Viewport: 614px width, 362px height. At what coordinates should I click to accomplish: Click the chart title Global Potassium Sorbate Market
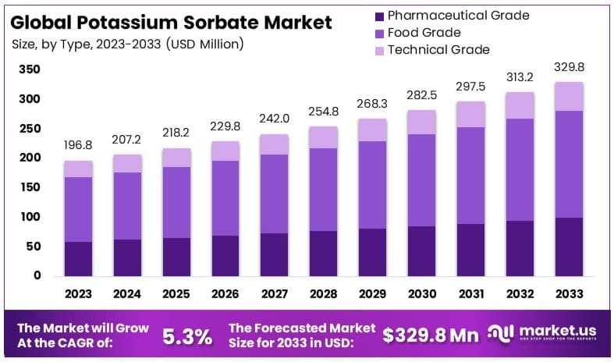coord(172,22)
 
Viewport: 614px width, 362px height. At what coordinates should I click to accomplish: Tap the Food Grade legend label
coord(424,33)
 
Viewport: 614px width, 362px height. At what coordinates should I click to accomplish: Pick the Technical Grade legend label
coord(438,50)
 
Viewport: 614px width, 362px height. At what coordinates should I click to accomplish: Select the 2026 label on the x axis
coord(225,294)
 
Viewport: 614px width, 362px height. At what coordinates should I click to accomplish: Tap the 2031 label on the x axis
coord(471,294)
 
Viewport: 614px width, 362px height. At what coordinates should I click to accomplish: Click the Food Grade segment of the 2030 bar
coord(422,180)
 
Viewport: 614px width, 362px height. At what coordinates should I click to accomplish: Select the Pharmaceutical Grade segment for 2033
coord(570,247)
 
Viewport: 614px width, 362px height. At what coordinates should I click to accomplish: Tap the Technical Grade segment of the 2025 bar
coord(176,158)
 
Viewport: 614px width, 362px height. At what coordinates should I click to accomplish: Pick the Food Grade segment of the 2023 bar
coord(79,209)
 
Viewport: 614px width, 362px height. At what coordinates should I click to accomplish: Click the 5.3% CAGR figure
coord(186,336)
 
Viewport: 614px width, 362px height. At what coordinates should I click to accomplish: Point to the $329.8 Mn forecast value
coord(430,336)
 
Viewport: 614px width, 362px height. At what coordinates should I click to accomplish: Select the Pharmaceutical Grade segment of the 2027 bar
coord(275,254)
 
